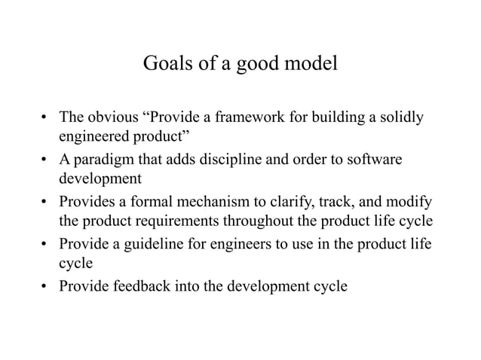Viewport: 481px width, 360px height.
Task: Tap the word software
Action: pyautogui.click(x=377, y=160)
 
